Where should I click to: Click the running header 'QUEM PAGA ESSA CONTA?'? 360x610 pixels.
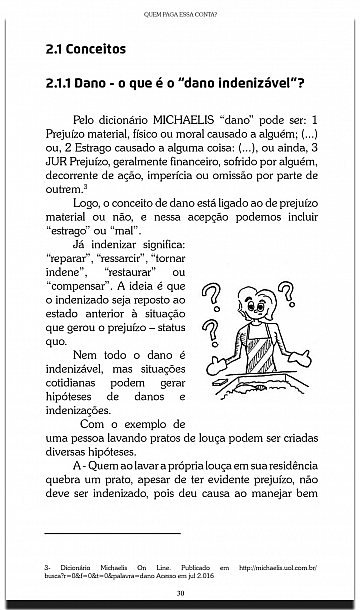tap(179, 14)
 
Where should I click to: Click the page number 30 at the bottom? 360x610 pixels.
tap(180, 597)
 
